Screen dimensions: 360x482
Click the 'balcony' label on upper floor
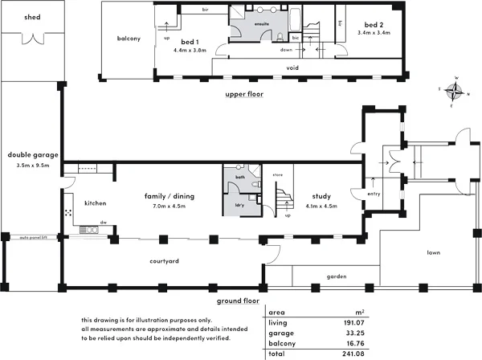click(129, 39)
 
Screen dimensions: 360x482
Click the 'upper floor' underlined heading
click(244, 94)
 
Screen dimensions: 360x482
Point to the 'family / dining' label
click(170, 195)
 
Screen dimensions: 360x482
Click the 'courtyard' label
click(163, 261)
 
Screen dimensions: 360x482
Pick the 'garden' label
click(336, 277)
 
